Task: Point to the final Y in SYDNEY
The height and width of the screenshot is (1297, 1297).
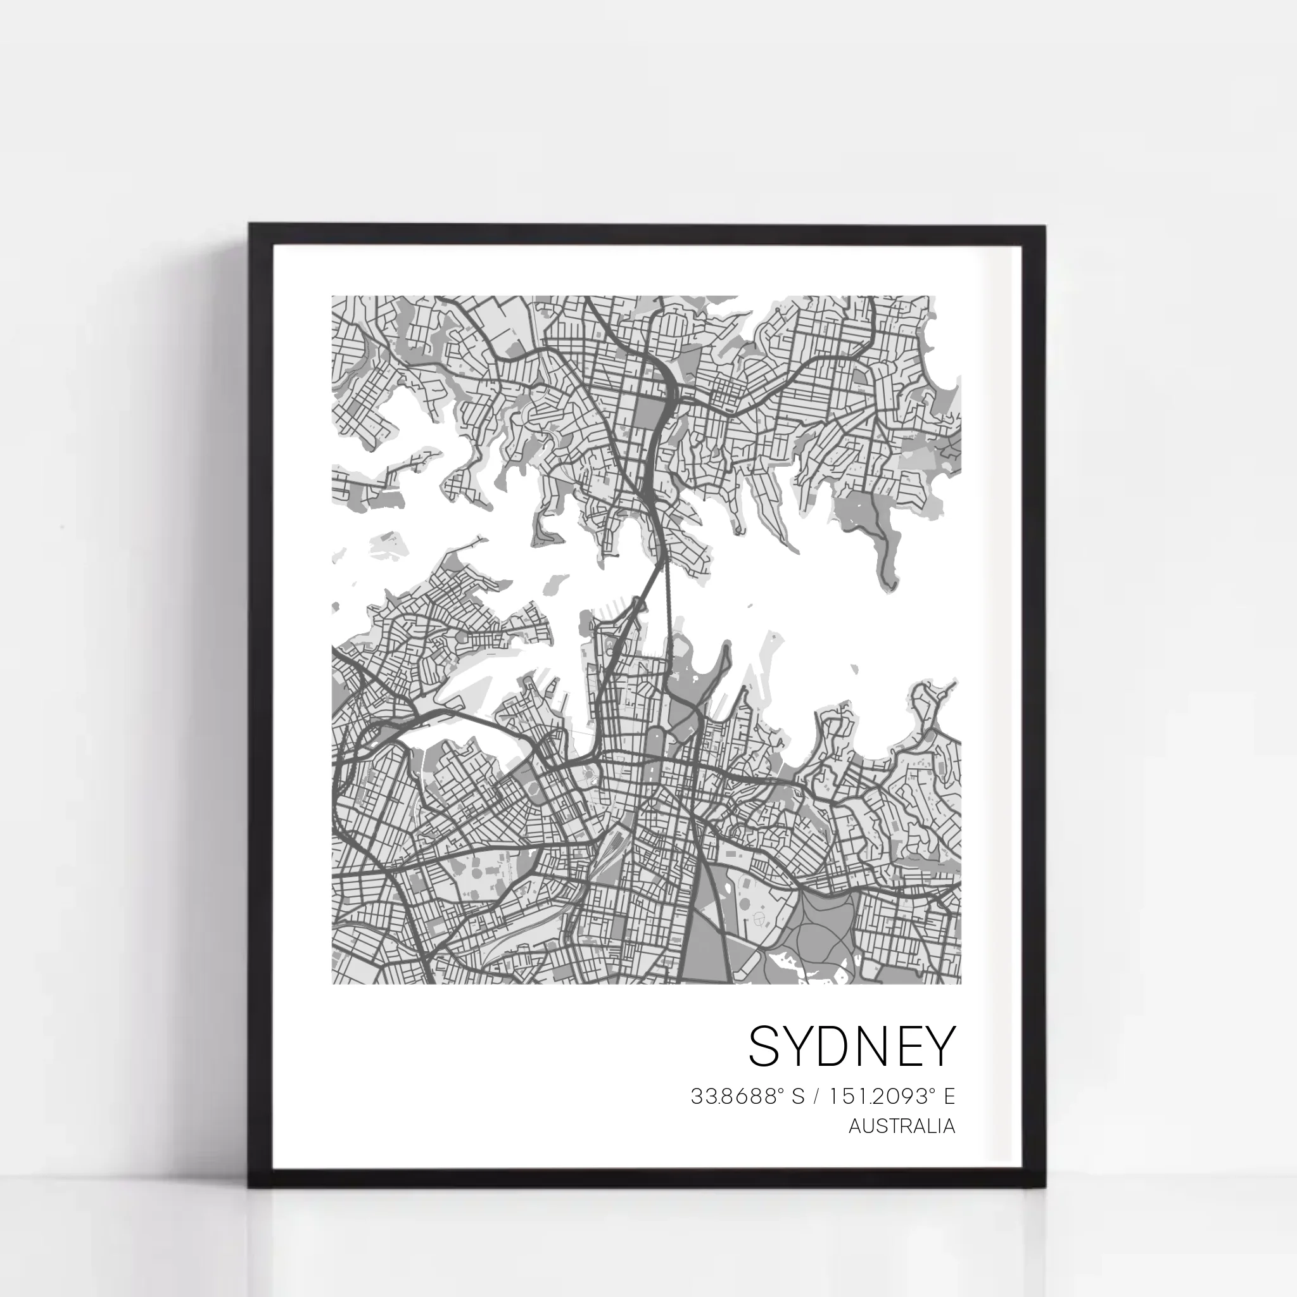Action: pos(939,1046)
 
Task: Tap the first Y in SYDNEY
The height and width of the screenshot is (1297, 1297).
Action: pos(801,1046)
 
